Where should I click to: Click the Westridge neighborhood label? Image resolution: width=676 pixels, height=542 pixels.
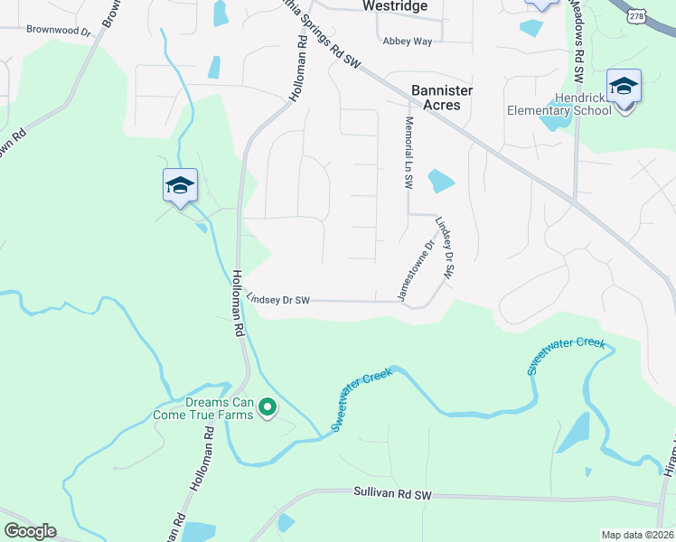click(393, 5)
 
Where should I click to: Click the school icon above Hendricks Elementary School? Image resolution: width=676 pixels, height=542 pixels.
click(624, 87)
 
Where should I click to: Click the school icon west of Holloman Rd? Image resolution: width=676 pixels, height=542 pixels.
click(180, 186)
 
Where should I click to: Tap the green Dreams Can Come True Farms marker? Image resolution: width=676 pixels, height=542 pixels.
click(268, 409)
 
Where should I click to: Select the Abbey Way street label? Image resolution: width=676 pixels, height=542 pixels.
click(408, 42)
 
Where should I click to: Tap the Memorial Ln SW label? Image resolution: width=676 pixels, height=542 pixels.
click(408, 152)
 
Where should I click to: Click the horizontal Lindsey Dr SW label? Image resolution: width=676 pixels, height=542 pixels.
click(278, 299)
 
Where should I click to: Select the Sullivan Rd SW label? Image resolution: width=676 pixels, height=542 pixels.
click(393, 495)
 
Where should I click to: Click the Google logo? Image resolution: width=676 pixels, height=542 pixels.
click(30, 531)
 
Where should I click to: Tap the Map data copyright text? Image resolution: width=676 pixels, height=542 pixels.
click(637, 535)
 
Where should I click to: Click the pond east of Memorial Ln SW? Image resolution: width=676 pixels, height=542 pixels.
click(441, 181)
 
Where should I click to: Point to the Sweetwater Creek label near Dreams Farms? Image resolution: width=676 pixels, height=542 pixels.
click(366, 401)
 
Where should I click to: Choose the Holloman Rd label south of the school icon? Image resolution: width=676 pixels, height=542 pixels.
click(238, 304)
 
